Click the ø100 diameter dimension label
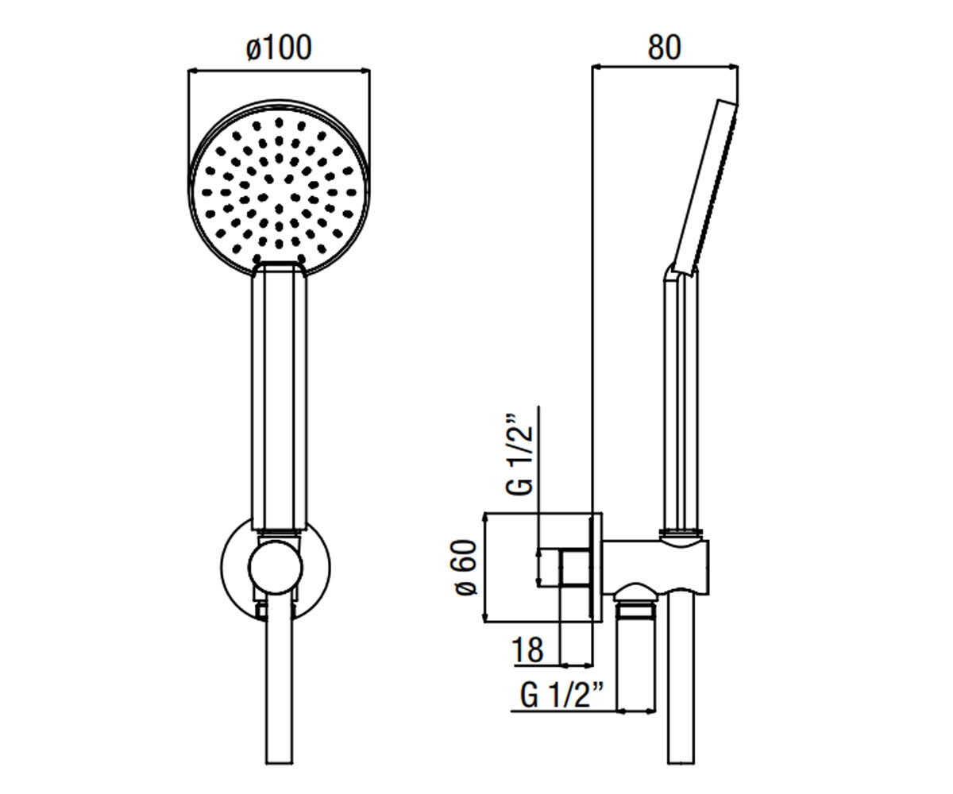pyautogui.click(x=279, y=48)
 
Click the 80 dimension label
pyautogui.click(x=664, y=47)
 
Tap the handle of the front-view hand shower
pyautogui.click(x=280, y=397)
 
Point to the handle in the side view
pyautogui.click(x=681, y=402)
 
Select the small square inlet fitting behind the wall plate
pyautogui.click(x=575, y=569)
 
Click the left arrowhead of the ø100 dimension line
pyautogui.click(x=192, y=71)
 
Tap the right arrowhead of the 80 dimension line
pyautogui.click(x=734, y=67)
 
